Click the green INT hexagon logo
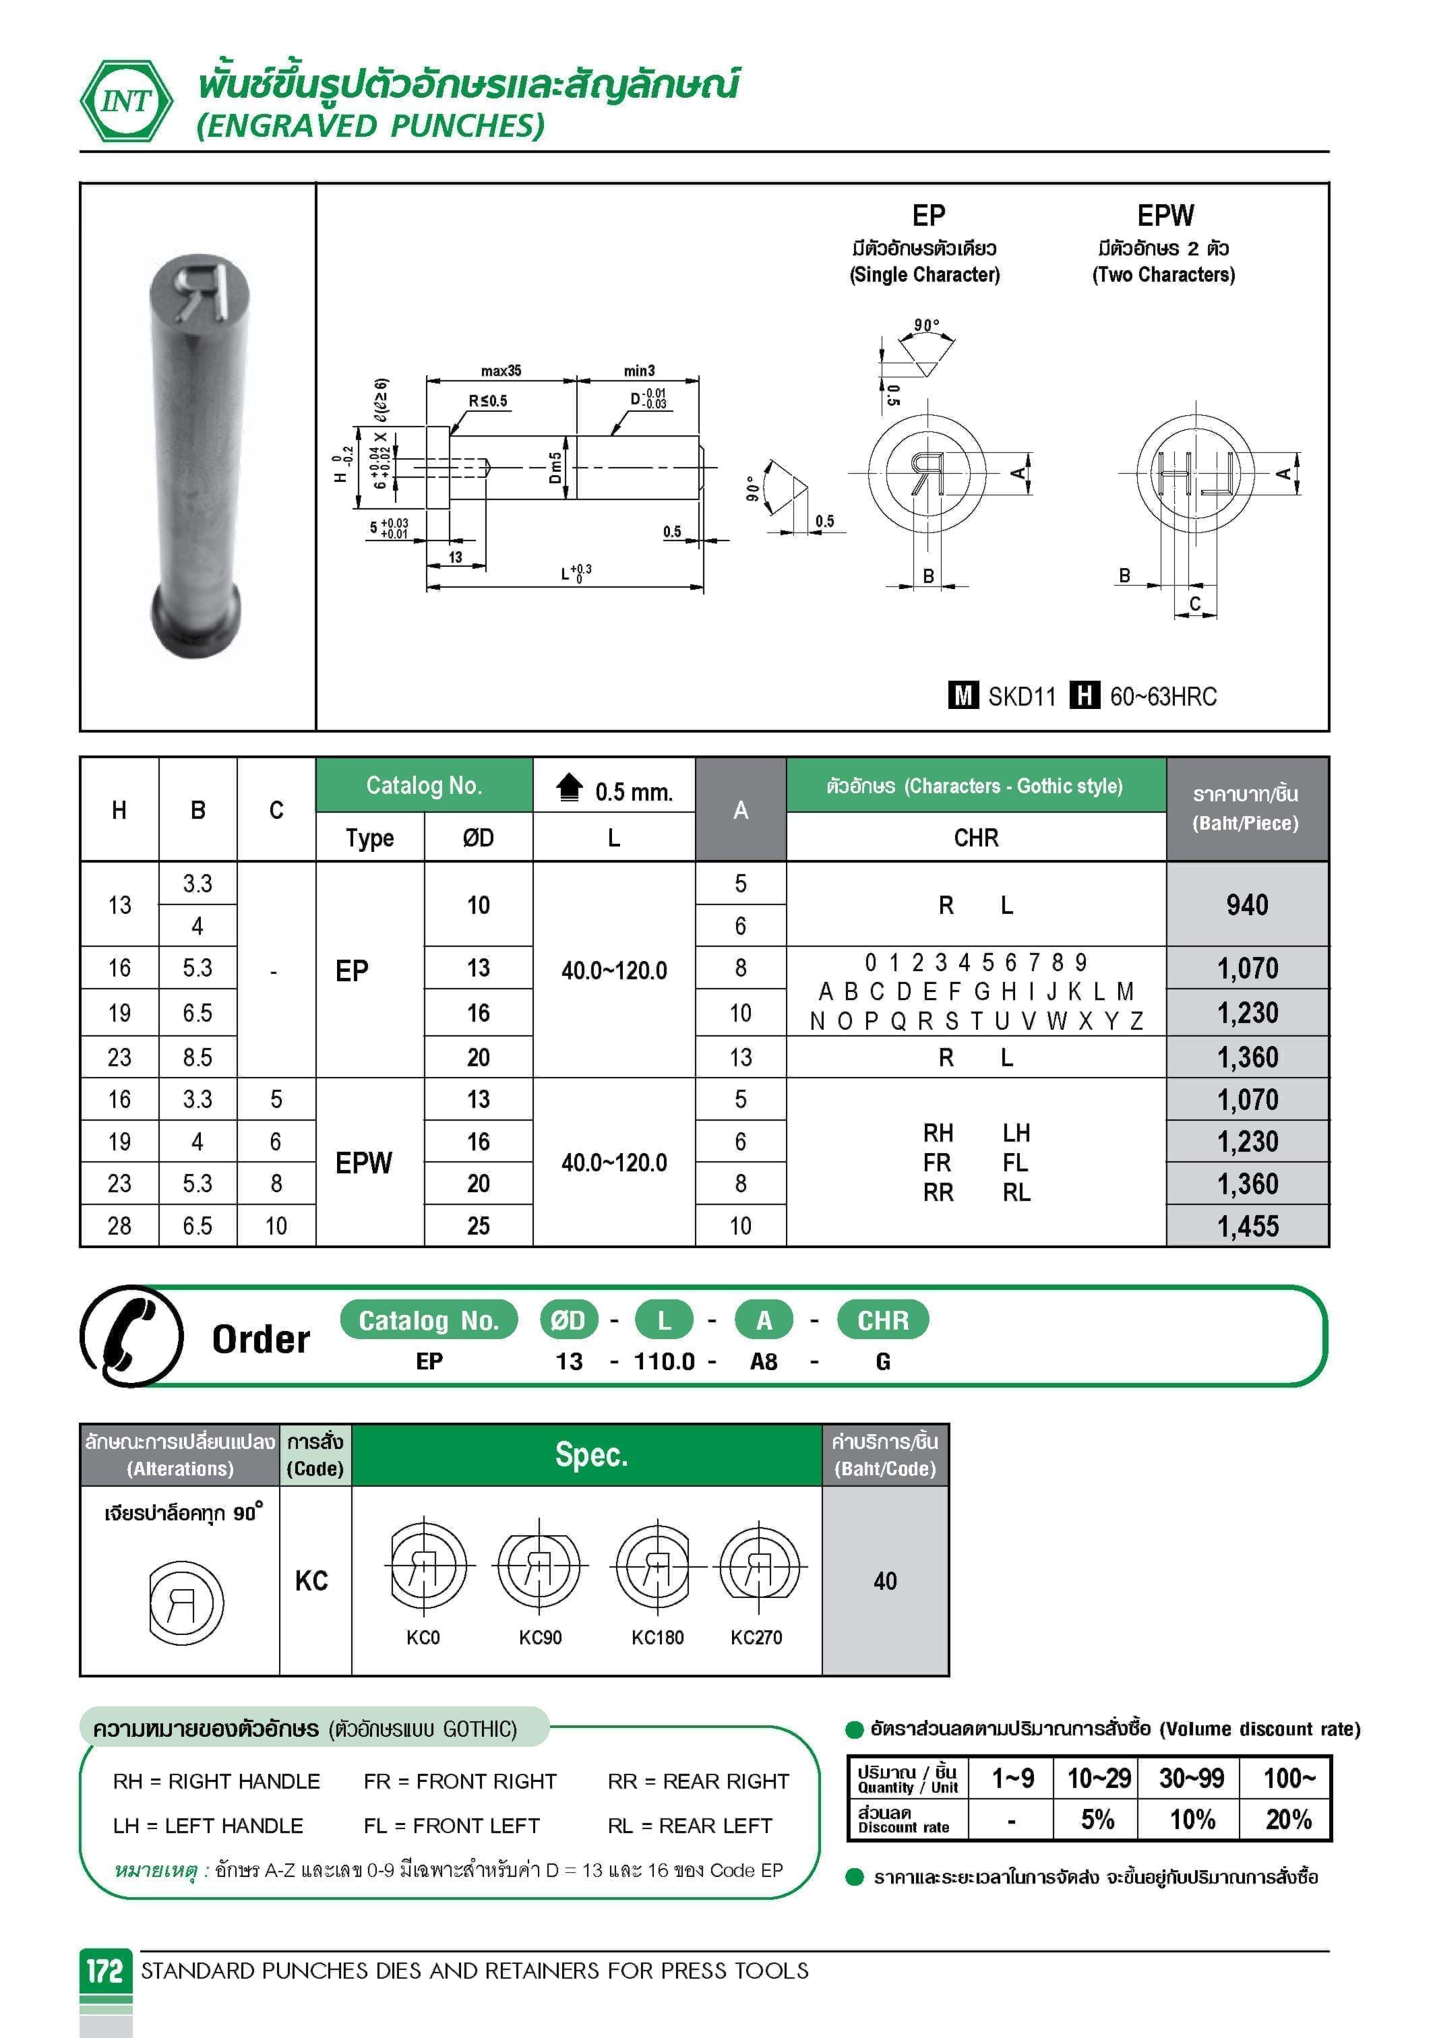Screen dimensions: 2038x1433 [x=127, y=100]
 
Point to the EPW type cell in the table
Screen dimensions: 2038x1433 [x=364, y=1162]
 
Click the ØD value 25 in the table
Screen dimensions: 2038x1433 [x=479, y=1226]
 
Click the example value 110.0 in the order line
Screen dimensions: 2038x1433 [x=664, y=1361]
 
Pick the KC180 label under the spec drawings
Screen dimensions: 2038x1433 [x=657, y=1638]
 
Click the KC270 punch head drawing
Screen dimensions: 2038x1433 [x=758, y=1567]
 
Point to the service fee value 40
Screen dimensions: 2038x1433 [x=885, y=1581]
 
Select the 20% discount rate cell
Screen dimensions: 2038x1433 [x=1287, y=1820]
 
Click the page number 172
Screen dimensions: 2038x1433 [x=104, y=1971]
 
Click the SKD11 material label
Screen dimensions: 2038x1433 [x=1022, y=697]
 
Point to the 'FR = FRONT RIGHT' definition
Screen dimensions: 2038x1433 [x=460, y=1781]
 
